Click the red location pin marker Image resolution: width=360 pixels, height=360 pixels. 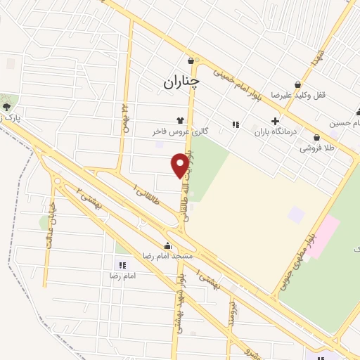click(x=180, y=165)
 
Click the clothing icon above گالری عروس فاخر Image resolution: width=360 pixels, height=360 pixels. click(x=181, y=120)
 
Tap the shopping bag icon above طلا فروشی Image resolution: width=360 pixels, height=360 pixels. click(x=316, y=138)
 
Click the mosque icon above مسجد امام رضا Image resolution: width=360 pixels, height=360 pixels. click(x=167, y=246)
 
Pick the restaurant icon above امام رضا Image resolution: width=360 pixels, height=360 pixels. click(x=122, y=265)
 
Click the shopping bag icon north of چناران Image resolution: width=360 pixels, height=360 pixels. click(x=191, y=60)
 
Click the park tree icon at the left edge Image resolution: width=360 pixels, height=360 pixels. click(x=7, y=106)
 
